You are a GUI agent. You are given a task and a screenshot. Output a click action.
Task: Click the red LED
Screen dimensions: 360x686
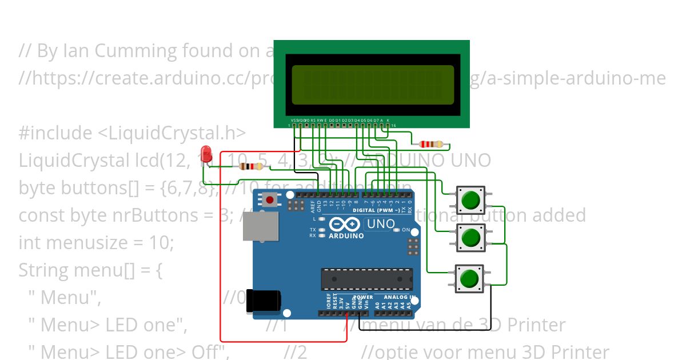206,154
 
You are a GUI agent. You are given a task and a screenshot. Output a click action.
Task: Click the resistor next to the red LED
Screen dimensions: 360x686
251,167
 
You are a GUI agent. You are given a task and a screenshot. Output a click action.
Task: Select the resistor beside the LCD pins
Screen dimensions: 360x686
432,145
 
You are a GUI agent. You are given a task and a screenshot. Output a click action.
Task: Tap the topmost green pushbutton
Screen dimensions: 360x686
470,200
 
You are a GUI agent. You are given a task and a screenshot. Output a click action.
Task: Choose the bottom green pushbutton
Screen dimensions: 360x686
469,279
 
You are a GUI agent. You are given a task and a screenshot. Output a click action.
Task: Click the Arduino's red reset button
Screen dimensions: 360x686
269,200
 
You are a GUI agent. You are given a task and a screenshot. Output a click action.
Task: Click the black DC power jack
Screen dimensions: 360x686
264,302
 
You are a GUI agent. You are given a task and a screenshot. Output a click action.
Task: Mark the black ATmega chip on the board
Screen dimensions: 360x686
366,278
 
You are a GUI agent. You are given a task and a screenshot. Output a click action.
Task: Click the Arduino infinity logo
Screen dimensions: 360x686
346,225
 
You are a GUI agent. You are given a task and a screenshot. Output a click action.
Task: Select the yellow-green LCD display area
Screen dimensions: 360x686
373,85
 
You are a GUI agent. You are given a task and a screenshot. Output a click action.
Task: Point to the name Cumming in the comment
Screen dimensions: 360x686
138,51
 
